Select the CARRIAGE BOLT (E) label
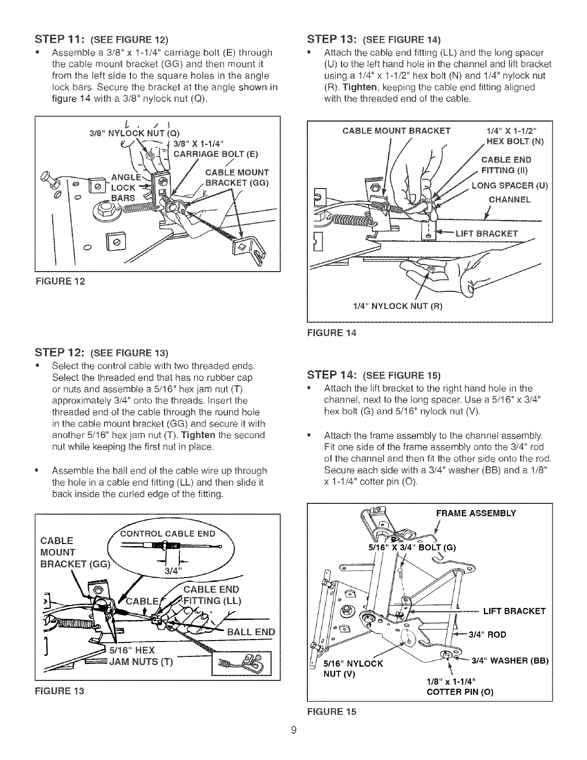(x=215, y=154)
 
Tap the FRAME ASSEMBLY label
(x=476, y=513)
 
